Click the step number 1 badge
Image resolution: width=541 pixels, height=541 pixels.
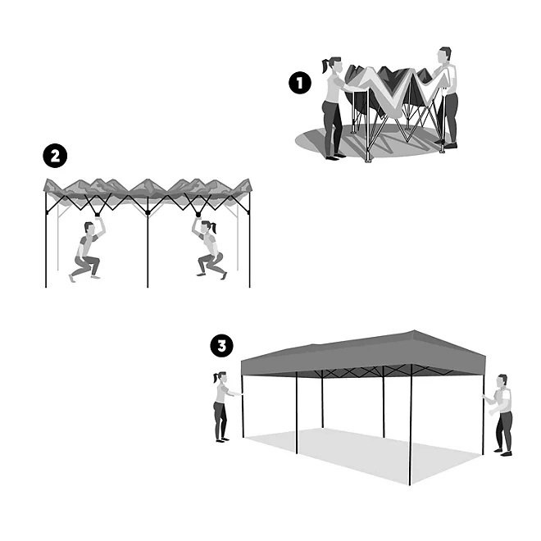coord(300,83)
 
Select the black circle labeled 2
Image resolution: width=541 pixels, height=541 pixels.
coord(55,156)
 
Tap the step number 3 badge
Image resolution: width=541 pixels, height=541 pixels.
coord(221,346)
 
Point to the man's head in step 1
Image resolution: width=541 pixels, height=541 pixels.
coord(444,56)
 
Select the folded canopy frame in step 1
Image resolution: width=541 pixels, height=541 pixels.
coord(391,98)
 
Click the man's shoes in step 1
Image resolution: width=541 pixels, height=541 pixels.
coord(448,145)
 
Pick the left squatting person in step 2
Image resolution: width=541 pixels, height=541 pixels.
coord(86,250)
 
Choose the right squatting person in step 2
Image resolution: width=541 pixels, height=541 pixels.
coord(209,250)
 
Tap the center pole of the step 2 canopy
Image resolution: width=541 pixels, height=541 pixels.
coord(148,246)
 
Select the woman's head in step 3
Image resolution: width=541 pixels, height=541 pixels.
coord(219,379)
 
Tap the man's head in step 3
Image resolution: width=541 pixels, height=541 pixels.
coord(502,382)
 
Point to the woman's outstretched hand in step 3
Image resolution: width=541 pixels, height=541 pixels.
coord(237,395)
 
